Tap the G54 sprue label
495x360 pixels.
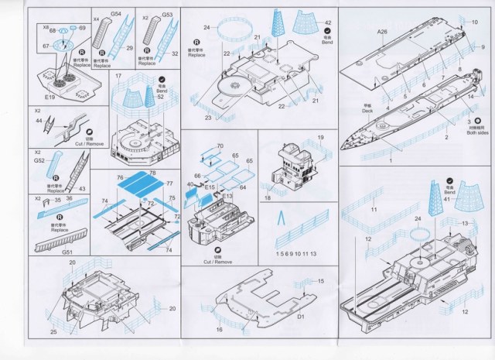[116, 14]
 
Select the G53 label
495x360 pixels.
[166, 14]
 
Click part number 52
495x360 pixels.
[160, 96]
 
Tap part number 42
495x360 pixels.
[328, 23]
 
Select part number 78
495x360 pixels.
[152, 172]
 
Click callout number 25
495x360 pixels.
[53, 332]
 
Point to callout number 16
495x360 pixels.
[219, 330]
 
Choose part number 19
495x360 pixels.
[319, 138]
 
